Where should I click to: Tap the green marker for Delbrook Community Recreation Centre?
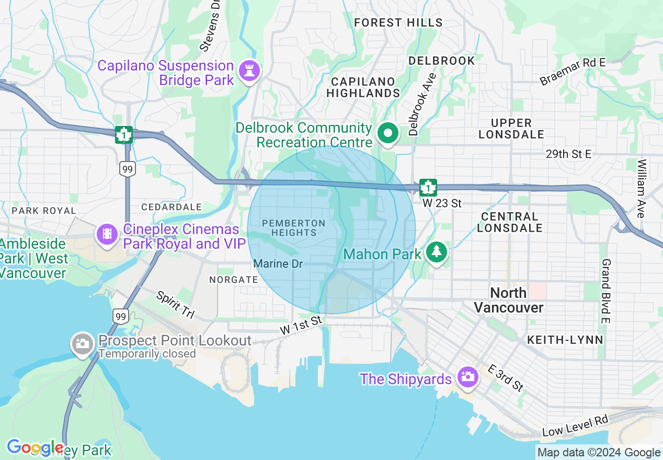[387, 133]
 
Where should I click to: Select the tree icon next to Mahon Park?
[435, 252]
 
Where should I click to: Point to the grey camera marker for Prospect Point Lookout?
[83, 344]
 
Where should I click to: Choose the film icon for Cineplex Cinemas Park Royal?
[107, 234]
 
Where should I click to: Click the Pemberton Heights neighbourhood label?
[293, 228]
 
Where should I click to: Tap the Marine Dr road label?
[278, 264]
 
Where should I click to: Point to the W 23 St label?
[442, 203]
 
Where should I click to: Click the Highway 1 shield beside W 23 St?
[428, 187]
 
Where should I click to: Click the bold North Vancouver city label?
[509, 300]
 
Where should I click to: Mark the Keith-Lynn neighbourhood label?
[565, 340]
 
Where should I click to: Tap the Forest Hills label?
[398, 23]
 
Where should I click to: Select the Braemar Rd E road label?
[573, 72]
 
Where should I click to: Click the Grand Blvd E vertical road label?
[606, 291]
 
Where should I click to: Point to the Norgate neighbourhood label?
[234, 280]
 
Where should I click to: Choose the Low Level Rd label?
[575, 426]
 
